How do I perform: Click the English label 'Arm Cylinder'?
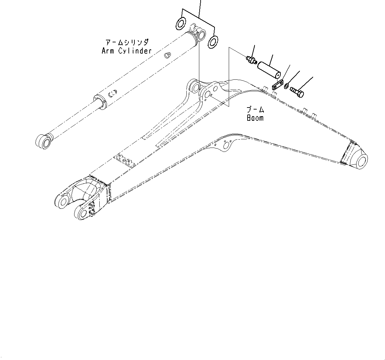(x=126, y=51)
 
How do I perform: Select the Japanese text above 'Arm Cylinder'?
(x=127, y=42)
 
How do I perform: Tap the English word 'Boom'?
(x=255, y=118)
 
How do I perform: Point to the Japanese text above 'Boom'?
(x=255, y=110)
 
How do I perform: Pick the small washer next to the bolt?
(x=286, y=87)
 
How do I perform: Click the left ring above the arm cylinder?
(x=181, y=23)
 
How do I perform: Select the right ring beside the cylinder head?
(x=213, y=41)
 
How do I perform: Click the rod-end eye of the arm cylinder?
(x=43, y=141)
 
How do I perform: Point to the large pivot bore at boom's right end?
(x=362, y=161)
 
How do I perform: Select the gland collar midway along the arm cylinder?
(x=100, y=101)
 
